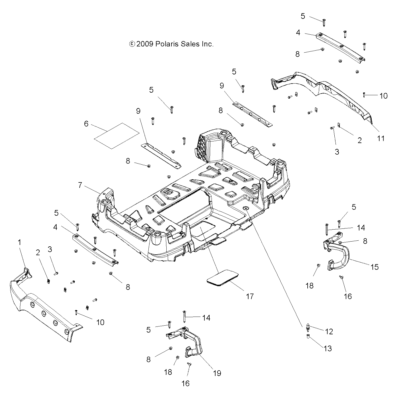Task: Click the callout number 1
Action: tap(19, 242)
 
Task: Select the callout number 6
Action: tap(86, 124)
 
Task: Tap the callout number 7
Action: tap(80, 185)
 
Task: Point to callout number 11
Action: tap(380, 138)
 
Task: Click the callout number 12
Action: tap(329, 331)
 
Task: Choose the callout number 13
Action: tap(328, 348)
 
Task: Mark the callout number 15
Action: tap(375, 267)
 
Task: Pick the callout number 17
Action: tap(249, 296)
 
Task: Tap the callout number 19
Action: tap(217, 373)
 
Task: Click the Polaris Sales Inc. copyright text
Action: tap(171, 44)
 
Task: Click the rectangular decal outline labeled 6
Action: tap(117, 136)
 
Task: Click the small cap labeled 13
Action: tap(308, 337)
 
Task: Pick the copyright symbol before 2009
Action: tap(132, 44)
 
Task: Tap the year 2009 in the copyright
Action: tap(145, 44)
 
